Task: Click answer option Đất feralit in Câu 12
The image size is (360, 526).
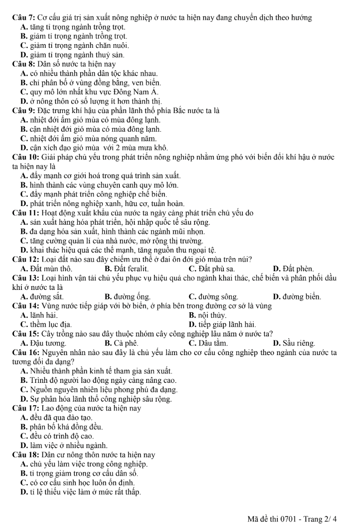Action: (x=126, y=268)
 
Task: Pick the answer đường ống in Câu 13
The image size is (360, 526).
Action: (x=128, y=297)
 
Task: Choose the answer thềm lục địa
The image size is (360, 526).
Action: (x=46, y=324)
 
